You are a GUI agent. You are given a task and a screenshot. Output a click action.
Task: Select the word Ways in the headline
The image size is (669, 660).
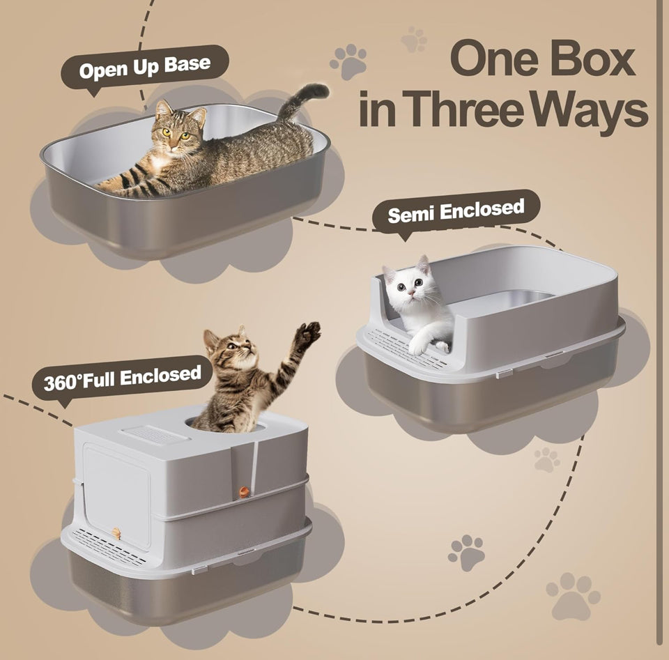pos(590,112)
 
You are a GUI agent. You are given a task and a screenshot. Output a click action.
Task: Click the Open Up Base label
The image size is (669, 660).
pos(145,68)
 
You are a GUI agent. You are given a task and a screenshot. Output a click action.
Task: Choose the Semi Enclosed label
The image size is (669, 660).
pos(456,211)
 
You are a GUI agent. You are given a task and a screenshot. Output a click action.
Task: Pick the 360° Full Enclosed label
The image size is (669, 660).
pos(123,378)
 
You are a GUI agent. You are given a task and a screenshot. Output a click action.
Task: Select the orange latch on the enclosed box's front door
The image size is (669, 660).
pos(116,533)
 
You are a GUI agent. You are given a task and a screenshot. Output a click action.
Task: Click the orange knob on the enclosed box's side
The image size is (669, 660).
pos(243,492)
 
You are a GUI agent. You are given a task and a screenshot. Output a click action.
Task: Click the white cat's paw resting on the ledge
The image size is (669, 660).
pos(418,347)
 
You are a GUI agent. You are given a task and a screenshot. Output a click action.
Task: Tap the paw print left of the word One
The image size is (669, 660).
pos(348,61)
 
